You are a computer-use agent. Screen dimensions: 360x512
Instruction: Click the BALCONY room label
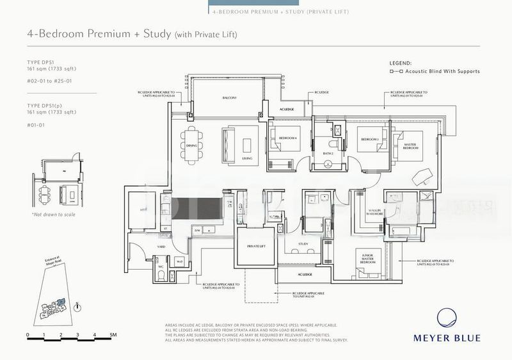pos(230,98)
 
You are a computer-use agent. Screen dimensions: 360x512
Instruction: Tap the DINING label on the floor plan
pos(192,145)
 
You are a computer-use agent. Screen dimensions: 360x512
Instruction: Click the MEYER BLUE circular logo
pos(455,317)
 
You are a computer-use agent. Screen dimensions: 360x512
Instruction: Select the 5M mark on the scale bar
pos(111,335)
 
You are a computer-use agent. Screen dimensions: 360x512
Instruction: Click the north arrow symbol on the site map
pos(77,306)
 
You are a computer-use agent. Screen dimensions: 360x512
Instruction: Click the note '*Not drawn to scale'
pos(53,215)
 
